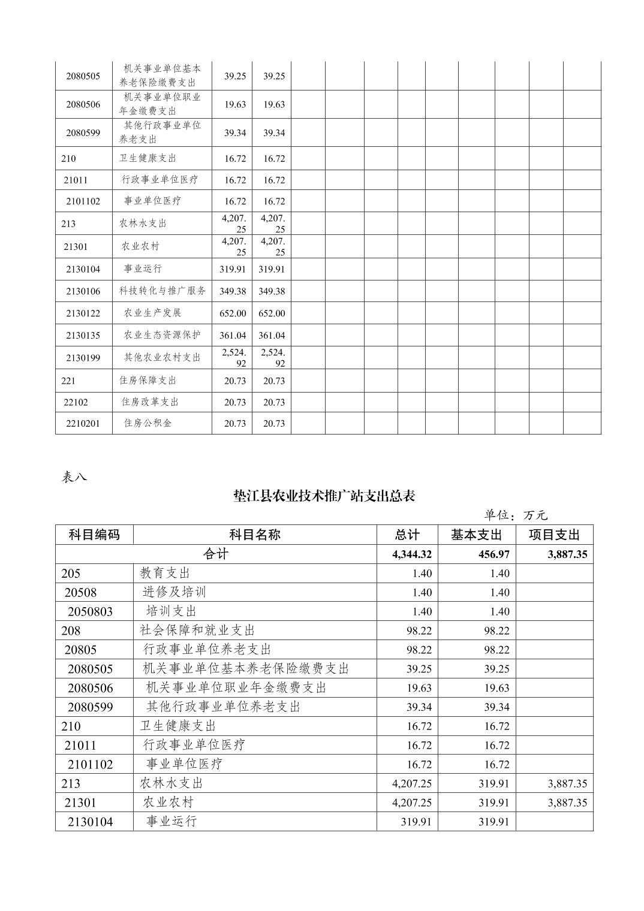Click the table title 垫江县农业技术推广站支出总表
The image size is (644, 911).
[324, 496]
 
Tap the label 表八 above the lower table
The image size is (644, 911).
[74, 477]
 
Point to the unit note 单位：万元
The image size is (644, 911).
[516, 515]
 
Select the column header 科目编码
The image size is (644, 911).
[94, 535]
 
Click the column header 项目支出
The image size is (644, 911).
[554, 535]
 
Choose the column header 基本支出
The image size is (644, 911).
[476, 535]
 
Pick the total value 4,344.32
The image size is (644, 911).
[412, 554]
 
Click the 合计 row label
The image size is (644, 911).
[216, 554]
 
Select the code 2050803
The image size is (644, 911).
[90, 611]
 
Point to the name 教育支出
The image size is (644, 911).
[165, 573]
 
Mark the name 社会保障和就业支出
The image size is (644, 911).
[197, 631]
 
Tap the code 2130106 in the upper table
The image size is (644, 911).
[83, 291]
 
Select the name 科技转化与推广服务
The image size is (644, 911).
[162, 291]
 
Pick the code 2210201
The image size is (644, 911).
[83, 423]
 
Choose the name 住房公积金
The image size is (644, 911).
[148, 423]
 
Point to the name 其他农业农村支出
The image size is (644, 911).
[162, 357]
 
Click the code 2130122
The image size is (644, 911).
[83, 313]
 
